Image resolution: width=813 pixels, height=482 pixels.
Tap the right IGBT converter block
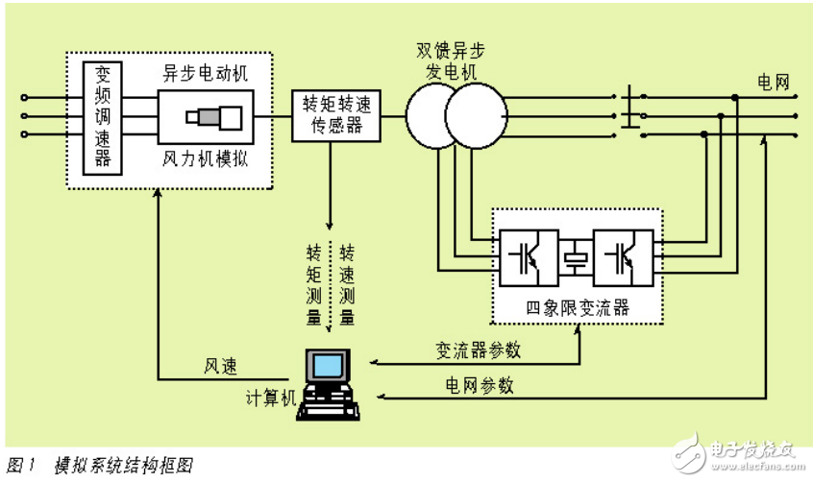pyautogui.click(x=622, y=257)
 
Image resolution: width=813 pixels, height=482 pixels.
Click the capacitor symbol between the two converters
pyautogui.click(x=576, y=257)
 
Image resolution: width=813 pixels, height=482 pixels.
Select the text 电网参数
pyautogui.click(x=479, y=385)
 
